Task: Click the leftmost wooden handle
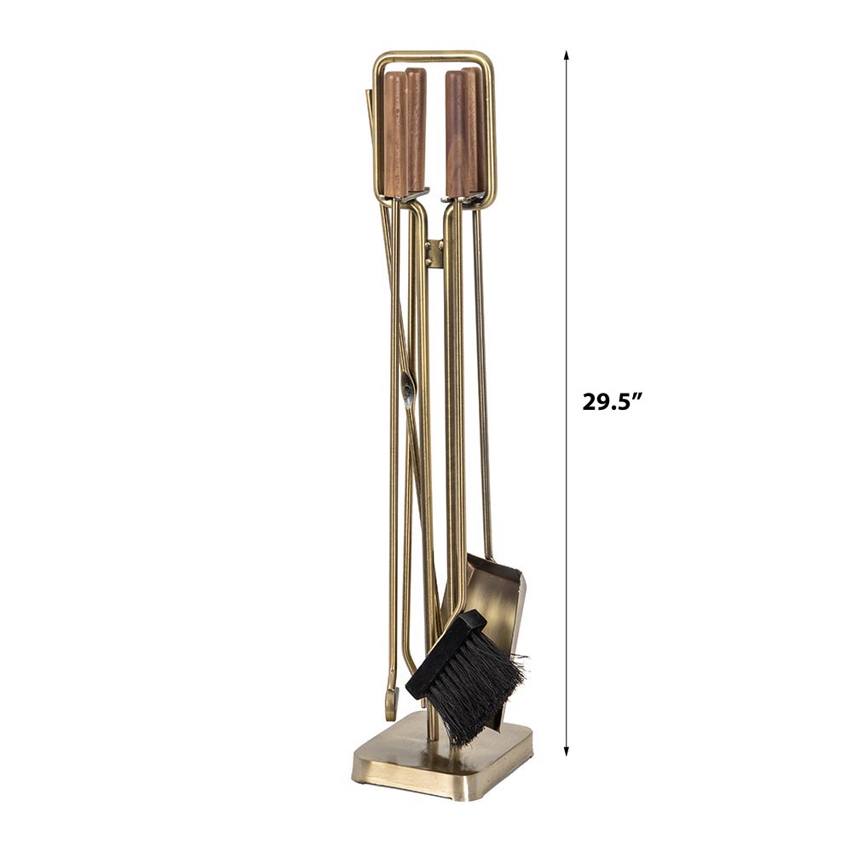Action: (395, 134)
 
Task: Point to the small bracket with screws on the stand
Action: (434, 254)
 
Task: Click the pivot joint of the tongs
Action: (407, 388)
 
